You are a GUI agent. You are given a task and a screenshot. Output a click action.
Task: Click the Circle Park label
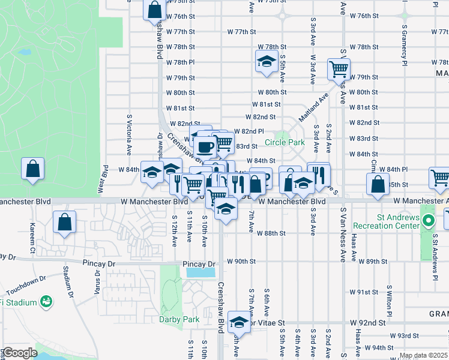[x=285, y=143]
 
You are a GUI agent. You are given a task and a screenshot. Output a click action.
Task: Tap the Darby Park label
[x=179, y=319]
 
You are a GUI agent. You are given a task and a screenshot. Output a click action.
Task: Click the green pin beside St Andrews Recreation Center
[x=428, y=221]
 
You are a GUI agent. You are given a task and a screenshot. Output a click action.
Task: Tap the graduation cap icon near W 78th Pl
[x=266, y=62]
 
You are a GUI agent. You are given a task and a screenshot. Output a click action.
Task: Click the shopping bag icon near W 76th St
[x=155, y=10]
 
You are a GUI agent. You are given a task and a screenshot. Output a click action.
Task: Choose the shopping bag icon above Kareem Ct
[x=64, y=222]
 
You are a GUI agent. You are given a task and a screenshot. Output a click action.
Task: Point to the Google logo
[x=20, y=353]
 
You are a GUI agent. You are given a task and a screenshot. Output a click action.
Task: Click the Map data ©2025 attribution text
[x=423, y=356]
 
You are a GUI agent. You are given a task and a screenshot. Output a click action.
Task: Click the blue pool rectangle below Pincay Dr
[x=201, y=272]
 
